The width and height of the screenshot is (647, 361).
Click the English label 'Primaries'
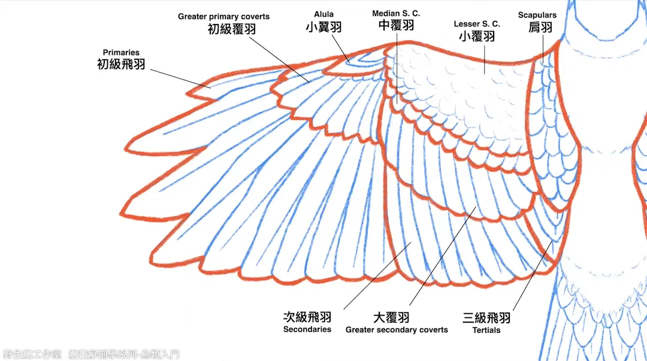click(121, 53)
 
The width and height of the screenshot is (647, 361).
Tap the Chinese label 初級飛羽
click(121, 65)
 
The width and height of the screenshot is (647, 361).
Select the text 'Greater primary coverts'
click(223, 17)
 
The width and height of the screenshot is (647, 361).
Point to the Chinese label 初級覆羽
click(231, 29)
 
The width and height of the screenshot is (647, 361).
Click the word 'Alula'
click(324, 14)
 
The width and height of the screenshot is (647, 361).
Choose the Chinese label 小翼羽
click(324, 27)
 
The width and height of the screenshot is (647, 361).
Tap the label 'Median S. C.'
click(396, 14)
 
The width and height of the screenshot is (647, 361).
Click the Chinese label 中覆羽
click(396, 25)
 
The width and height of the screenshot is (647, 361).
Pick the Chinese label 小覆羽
click(477, 37)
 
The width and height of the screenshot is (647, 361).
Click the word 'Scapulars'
click(537, 15)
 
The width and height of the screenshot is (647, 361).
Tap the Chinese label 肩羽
click(540, 27)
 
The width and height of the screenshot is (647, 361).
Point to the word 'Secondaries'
click(307, 329)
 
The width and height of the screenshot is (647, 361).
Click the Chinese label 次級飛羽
click(307, 317)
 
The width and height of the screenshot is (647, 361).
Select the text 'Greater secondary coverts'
click(397, 330)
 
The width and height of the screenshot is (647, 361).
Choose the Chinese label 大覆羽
click(391, 318)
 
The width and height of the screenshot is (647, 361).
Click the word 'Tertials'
click(486, 330)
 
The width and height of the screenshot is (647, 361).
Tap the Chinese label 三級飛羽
click(486, 318)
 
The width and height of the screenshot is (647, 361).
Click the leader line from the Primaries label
click(181, 78)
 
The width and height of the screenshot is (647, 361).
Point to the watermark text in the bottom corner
click(91, 354)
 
